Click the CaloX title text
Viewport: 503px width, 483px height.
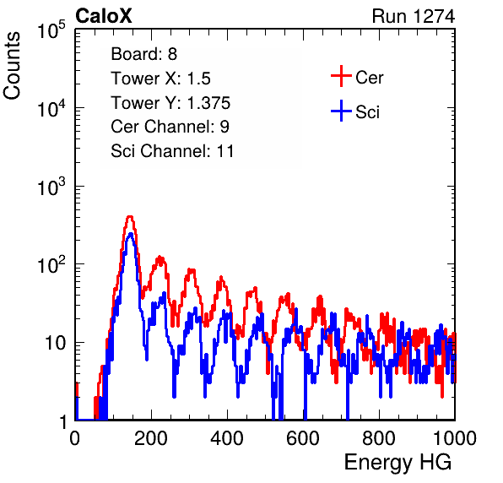103,16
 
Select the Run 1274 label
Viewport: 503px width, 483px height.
414,16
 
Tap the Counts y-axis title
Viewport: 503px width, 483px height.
12,66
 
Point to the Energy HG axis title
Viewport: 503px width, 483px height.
398,463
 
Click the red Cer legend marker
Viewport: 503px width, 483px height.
341,76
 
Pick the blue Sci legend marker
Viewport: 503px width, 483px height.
341,111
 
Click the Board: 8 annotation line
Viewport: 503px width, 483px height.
143,54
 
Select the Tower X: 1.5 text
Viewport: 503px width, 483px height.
160,79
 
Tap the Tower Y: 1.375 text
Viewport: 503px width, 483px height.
170,103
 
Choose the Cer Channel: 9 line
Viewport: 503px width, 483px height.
170,127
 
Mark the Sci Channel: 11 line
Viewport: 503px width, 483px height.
172,151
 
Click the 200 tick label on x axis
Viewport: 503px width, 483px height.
151,437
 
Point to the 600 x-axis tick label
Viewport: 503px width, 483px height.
303,437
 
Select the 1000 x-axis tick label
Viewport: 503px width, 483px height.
455,437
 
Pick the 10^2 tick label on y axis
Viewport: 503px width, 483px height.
51,264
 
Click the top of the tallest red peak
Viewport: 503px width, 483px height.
130,216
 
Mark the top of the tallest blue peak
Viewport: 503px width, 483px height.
130,233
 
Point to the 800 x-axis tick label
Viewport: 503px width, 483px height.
379,437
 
